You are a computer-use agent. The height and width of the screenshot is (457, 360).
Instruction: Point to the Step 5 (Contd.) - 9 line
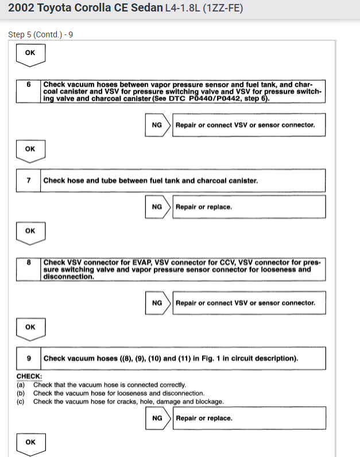tap(40, 34)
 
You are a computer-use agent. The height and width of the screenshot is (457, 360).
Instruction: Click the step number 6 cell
tap(29, 84)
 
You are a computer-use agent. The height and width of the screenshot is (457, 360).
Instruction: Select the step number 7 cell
tap(29, 180)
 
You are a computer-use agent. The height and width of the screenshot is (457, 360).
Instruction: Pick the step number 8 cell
tap(29, 262)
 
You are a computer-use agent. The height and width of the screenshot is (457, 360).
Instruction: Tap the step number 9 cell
tap(29, 358)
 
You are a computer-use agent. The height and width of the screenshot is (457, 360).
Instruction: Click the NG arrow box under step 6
tap(157, 125)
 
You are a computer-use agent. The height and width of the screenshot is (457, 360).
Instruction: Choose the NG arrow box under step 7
tap(157, 207)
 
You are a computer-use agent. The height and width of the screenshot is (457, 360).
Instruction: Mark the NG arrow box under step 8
tap(157, 303)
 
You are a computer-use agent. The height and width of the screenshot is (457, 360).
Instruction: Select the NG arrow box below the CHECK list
tap(157, 418)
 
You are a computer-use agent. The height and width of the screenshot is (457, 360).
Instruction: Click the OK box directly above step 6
tap(30, 53)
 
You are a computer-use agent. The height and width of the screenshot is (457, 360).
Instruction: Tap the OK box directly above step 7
tap(30, 149)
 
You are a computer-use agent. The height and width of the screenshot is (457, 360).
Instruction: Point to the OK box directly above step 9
tap(30, 327)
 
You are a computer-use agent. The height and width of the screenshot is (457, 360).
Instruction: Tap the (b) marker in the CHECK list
tap(21, 393)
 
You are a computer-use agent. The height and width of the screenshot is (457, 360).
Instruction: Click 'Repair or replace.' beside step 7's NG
tap(204, 207)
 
